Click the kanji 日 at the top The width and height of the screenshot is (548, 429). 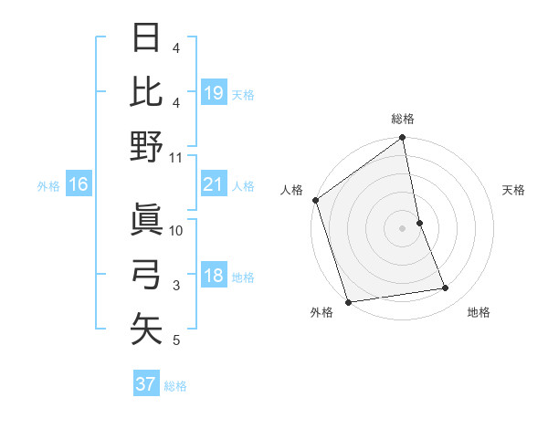146,40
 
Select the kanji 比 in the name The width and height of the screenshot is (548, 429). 146,92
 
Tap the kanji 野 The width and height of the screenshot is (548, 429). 146,146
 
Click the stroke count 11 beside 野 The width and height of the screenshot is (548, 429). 176,157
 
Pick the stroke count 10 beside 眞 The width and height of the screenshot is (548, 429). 176,231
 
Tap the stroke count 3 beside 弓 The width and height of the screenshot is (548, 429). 176,286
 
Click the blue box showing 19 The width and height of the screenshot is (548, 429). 213,93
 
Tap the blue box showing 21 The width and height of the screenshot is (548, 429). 213,185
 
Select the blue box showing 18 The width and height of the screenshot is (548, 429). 213,277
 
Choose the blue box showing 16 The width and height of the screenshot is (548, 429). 78,185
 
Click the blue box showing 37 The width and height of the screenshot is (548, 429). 146,384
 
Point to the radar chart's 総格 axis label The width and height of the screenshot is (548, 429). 403,119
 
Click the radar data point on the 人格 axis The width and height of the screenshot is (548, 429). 315,200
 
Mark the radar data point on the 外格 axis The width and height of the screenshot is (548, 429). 348,301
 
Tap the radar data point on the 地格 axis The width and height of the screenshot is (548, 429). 446,288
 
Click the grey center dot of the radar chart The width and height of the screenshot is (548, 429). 403,227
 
